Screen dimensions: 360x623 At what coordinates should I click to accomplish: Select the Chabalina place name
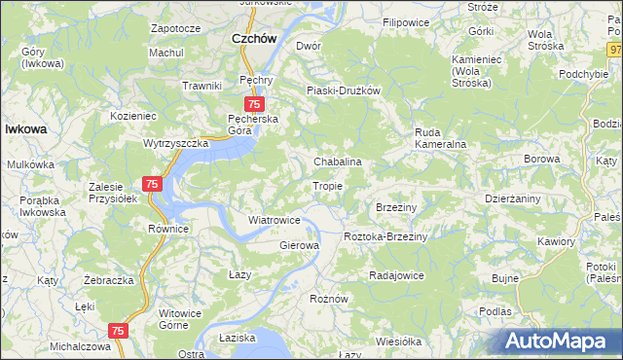[338, 162]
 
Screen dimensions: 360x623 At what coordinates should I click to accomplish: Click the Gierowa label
[300, 245]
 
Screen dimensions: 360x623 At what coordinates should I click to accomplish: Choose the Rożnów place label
[328, 298]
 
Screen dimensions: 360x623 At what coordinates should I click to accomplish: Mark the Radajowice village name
[396, 275]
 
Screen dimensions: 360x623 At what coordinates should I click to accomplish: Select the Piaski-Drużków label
[342, 90]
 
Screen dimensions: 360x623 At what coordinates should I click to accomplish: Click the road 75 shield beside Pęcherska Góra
[253, 104]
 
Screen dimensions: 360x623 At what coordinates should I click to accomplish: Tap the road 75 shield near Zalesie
[152, 183]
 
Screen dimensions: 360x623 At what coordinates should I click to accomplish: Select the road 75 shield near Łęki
[118, 331]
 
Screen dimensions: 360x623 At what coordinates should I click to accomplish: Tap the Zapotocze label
[175, 28]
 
